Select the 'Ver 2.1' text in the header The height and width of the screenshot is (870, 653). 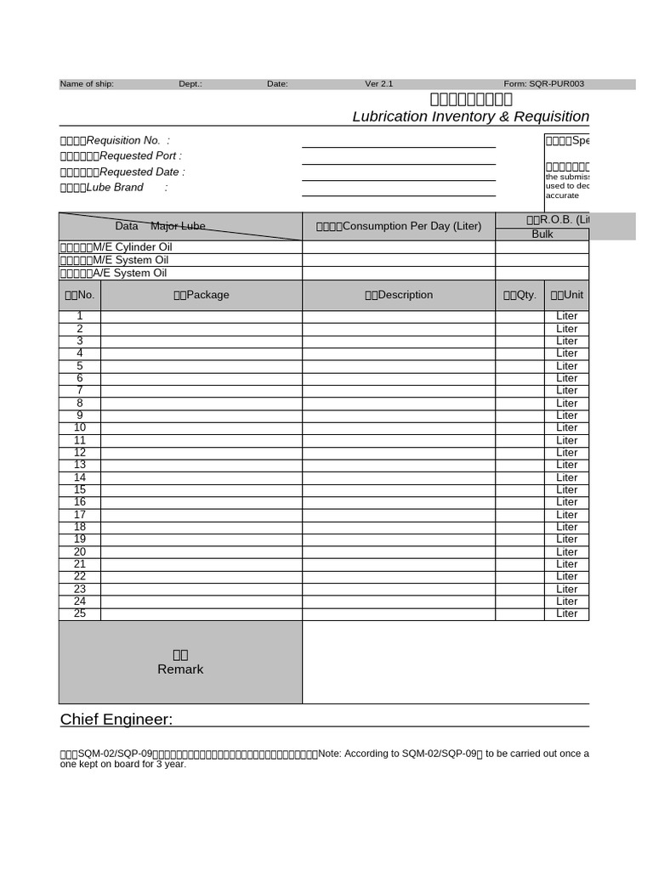[x=379, y=84]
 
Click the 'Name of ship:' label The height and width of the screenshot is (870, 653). [x=87, y=84]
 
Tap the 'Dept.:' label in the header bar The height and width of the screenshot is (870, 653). [x=190, y=84]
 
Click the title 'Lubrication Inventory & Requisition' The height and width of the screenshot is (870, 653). [x=470, y=116]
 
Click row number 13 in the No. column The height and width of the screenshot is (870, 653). [x=80, y=465]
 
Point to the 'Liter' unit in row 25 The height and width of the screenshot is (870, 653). [x=566, y=613]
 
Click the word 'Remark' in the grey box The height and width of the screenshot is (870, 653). [x=180, y=669]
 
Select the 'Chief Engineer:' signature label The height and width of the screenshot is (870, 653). [x=116, y=720]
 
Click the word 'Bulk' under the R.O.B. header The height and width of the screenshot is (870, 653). [x=542, y=234]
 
